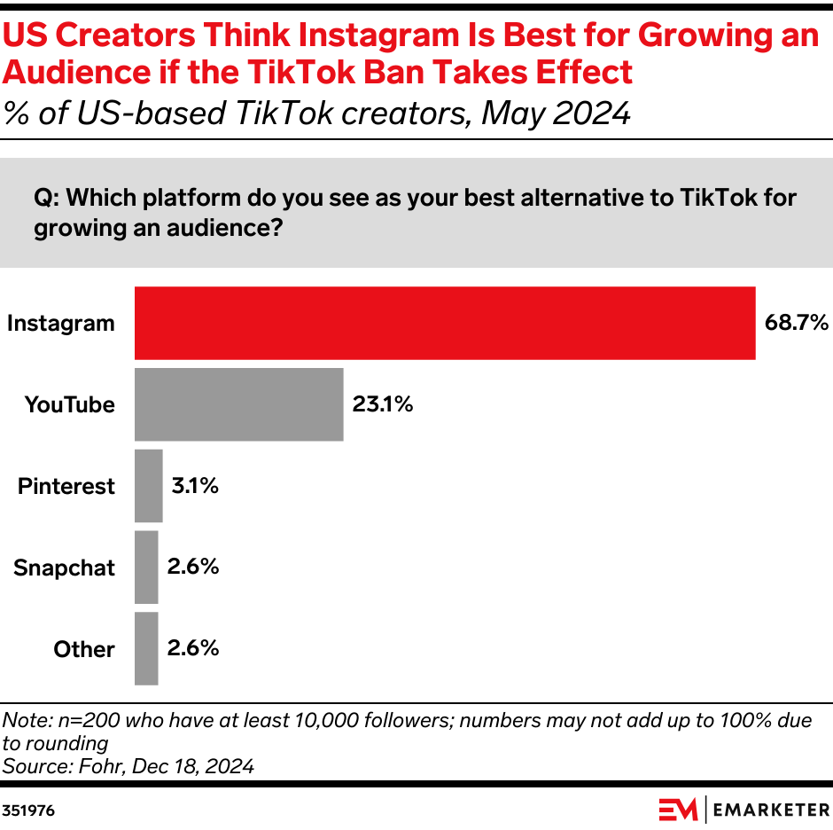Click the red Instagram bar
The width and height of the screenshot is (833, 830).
[444, 324]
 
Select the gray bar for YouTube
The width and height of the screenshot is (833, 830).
[238, 404]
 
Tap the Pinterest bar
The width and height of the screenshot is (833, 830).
[148, 486]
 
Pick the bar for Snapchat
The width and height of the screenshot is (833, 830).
[146, 568]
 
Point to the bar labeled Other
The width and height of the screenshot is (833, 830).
[146, 649]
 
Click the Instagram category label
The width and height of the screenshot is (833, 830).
[61, 324]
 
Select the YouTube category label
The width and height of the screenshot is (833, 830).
[70, 405]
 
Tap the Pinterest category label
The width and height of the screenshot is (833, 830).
[66, 487]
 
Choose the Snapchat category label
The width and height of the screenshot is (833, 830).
[64, 568]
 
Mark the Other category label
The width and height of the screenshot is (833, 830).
[84, 650]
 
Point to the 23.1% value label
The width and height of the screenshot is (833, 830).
[383, 405]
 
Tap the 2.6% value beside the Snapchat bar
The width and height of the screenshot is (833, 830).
[192, 568]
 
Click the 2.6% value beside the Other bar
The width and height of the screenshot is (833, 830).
[192, 649]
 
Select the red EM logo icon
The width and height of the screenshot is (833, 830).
[678, 810]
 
